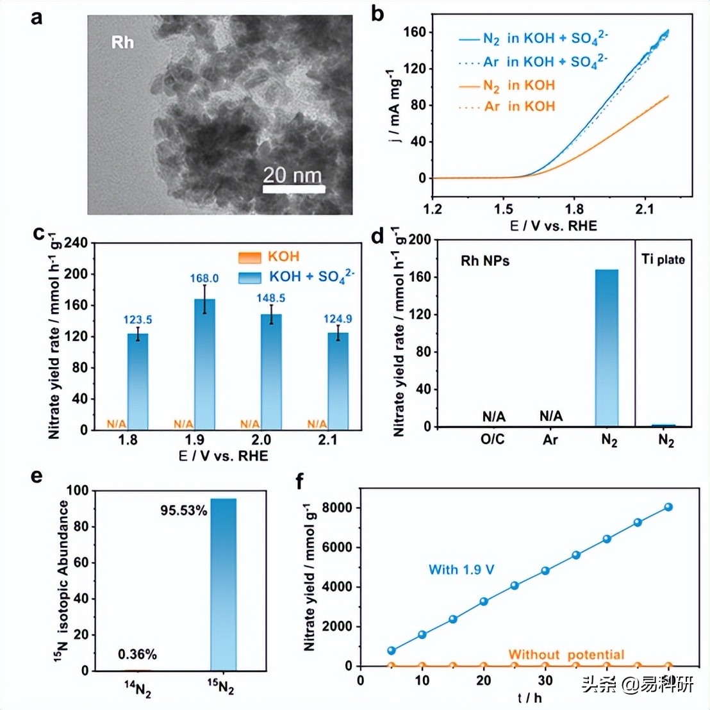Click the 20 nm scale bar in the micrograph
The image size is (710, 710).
coord(293,188)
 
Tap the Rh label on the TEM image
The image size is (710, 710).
coord(122,42)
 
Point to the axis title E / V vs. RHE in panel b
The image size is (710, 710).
coord(553,226)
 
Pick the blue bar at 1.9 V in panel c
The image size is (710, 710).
coord(204,364)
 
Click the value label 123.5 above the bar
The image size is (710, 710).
coord(138,320)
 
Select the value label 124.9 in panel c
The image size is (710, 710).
coord(338,319)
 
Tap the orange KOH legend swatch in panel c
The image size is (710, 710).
coord(249,257)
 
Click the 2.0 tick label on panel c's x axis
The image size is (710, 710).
coord(261,440)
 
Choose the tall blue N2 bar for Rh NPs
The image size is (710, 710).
coord(607,347)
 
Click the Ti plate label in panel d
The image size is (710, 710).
coord(663,260)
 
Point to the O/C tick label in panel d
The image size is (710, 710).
coord(493,440)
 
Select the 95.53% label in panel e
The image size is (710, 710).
coord(184,511)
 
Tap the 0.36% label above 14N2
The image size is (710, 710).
coord(137,654)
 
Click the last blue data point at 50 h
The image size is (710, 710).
coord(668,507)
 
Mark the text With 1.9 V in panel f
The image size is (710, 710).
coord(461,570)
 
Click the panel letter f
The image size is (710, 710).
coord(299,480)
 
